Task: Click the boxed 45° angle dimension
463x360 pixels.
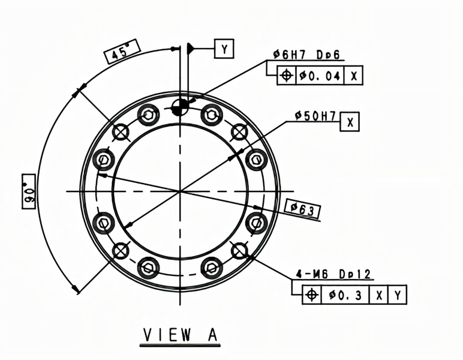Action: tap(122, 52)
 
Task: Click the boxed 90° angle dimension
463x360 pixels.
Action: tap(29, 191)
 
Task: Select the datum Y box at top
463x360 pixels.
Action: tap(224, 49)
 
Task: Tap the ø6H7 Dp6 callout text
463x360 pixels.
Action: tap(306, 55)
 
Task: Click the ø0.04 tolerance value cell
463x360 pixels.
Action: tap(320, 76)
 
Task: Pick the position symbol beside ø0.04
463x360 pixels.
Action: tap(287, 76)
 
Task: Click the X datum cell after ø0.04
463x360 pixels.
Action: tap(353, 76)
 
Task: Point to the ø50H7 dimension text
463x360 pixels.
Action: tap(315, 116)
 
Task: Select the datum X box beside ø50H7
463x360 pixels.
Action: tap(350, 122)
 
